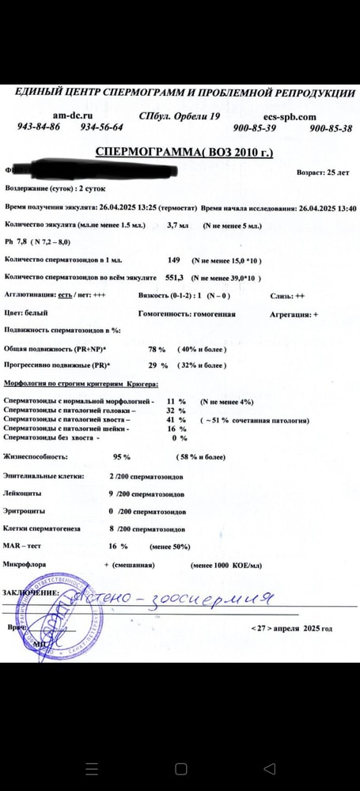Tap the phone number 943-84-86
39,127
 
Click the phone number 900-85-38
330,128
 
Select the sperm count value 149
174,260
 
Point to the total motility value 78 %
157,349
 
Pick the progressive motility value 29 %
158,365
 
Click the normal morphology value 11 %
176,402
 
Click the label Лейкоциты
23,494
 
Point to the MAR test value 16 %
118,546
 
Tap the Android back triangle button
270,768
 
